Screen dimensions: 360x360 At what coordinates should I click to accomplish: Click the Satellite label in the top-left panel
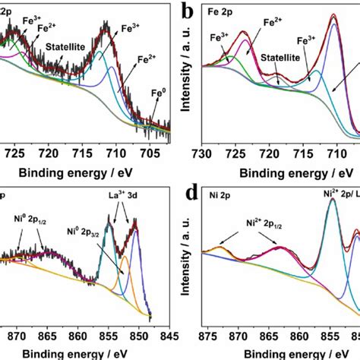tap(65, 46)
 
